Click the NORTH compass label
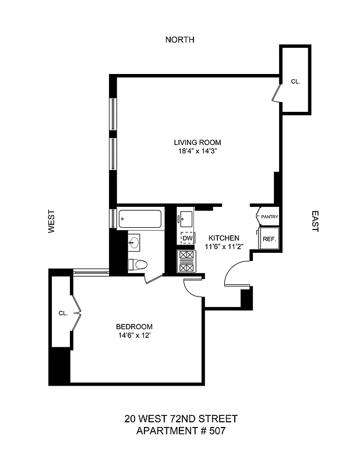(180, 40)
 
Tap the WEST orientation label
(51, 221)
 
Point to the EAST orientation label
(315, 221)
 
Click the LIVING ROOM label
(197, 142)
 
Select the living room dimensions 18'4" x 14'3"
(197, 151)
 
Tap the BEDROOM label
(134, 326)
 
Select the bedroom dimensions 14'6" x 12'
(134, 335)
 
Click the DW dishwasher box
(187, 238)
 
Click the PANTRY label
(269, 217)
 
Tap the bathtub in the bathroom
(139, 220)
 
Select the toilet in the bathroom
(137, 264)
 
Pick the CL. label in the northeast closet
(295, 82)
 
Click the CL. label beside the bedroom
(63, 313)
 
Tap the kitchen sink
(187, 219)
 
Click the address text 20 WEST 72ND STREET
(180, 419)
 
